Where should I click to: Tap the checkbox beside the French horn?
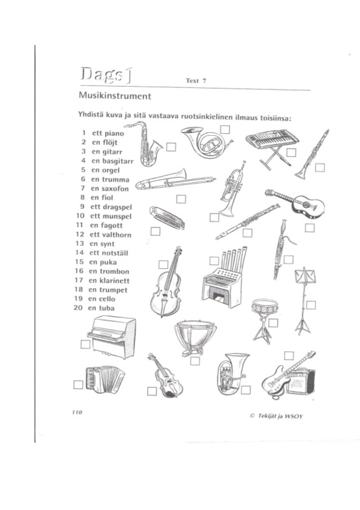pyautogui.click(x=225, y=129)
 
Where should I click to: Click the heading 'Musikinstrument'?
pyautogui.click(x=115, y=96)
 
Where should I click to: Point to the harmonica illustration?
pyautogui.click(x=167, y=217)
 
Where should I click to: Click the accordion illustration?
pyautogui.click(x=105, y=379)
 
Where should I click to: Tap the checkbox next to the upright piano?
pyautogui.click(x=85, y=344)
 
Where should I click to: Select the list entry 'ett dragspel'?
pyautogui.click(x=111, y=207)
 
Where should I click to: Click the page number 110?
pyautogui.click(x=77, y=412)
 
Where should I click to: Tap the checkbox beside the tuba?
pyautogui.click(x=246, y=390)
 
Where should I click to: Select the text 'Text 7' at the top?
pyautogui.click(x=196, y=81)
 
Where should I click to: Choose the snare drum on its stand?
pyautogui.click(x=264, y=321)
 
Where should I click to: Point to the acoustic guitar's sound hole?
pyautogui.click(x=306, y=205)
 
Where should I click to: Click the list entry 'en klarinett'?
pyautogui.click(x=109, y=280)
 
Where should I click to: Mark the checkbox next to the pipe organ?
pyautogui.click(x=214, y=261)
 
